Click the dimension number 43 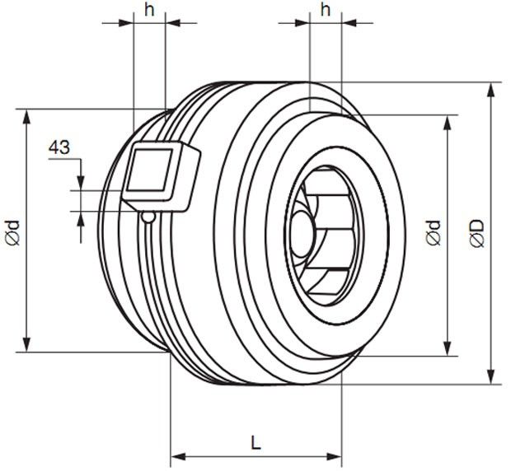tap(59, 147)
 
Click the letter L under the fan tap(256, 442)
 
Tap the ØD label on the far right tap(476, 233)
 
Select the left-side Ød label tap(12, 232)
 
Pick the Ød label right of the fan tap(434, 232)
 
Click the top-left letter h tap(149, 10)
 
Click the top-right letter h tap(326, 10)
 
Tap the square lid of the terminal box tap(150, 170)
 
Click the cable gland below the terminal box tap(148, 217)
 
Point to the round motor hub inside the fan tap(302, 233)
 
